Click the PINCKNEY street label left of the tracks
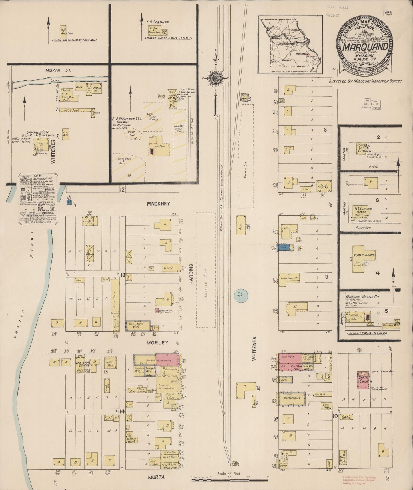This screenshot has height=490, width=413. click(x=159, y=204)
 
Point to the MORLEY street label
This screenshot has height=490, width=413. click(x=157, y=342)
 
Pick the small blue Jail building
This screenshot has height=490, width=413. click(x=69, y=202)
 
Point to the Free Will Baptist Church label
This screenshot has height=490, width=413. click(x=364, y=148)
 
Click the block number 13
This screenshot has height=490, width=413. click(x=123, y=275)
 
